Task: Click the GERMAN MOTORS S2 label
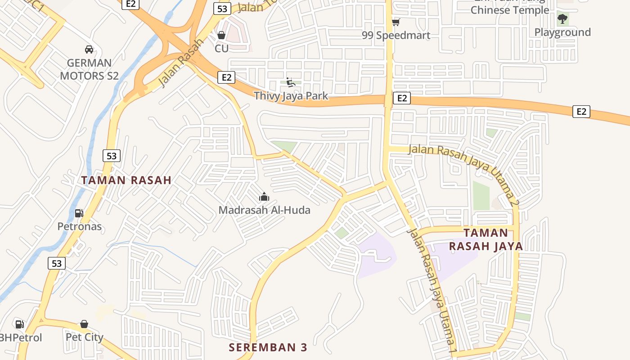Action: (89, 69)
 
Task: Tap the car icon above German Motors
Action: (89, 49)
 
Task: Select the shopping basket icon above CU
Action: (221, 35)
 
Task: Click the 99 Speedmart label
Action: (396, 35)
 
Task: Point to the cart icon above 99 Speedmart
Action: (396, 22)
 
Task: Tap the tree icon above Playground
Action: (562, 18)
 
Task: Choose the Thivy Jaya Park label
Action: (291, 95)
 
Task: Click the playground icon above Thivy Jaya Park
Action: (291, 82)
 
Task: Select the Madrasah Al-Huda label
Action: (264, 210)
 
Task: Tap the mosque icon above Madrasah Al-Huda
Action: (264, 197)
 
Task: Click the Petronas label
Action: (79, 226)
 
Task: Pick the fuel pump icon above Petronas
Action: (79, 213)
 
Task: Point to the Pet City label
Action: (84, 337)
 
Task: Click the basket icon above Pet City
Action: (84, 324)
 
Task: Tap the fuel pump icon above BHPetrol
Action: (19, 324)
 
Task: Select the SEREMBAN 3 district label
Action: (268, 347)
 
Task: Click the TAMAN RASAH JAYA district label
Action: (486, 239)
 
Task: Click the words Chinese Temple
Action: (509, 10)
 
